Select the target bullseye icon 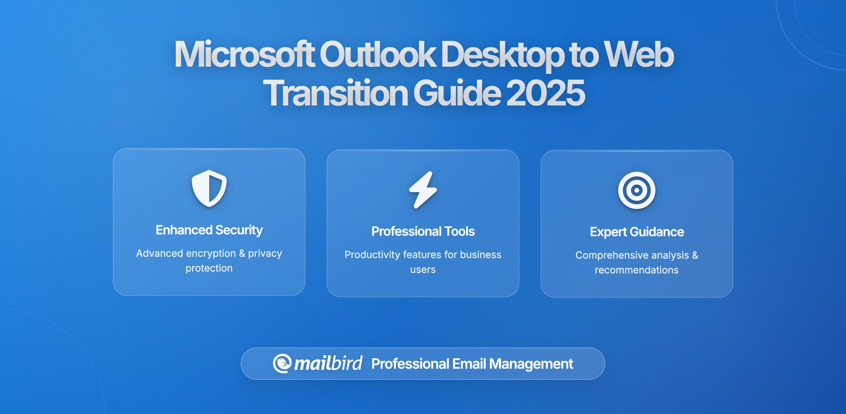click(636, 190)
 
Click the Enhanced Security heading click(209, 230)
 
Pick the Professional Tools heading click(423, 231)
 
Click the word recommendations click(636, 270)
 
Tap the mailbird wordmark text click(328, 363)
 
